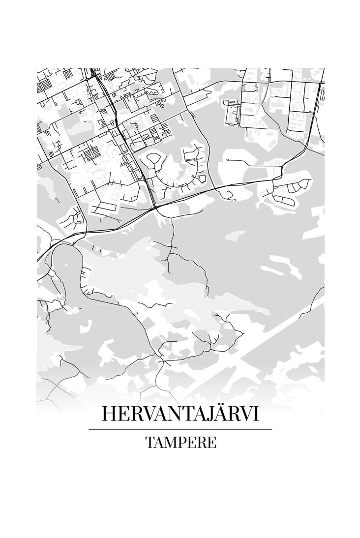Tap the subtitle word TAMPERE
click(x=180, y=442)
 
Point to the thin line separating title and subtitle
click(x=180, y=429)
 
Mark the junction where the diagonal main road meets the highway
click(x=155, y=209)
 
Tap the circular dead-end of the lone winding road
click(x=229, y=197)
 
